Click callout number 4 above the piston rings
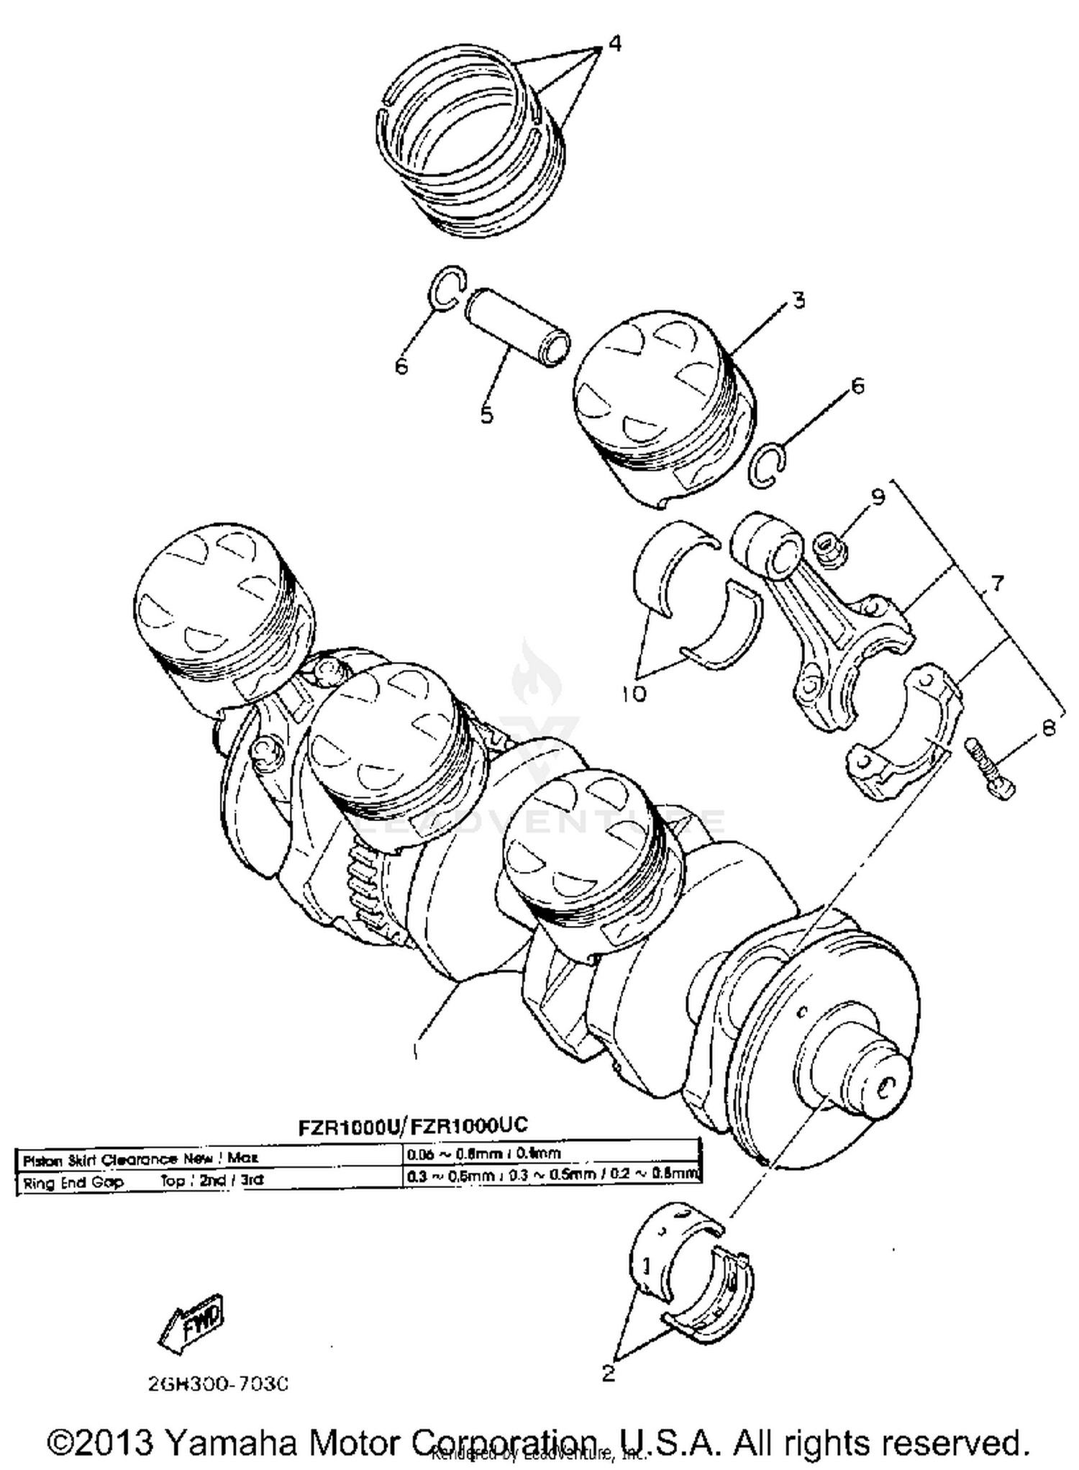614,43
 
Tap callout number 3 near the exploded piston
798,300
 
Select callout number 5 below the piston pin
486,414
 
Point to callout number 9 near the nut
877,496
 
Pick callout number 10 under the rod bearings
634,694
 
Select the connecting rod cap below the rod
903,734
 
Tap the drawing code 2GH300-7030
218,1384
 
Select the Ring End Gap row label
72,1182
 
